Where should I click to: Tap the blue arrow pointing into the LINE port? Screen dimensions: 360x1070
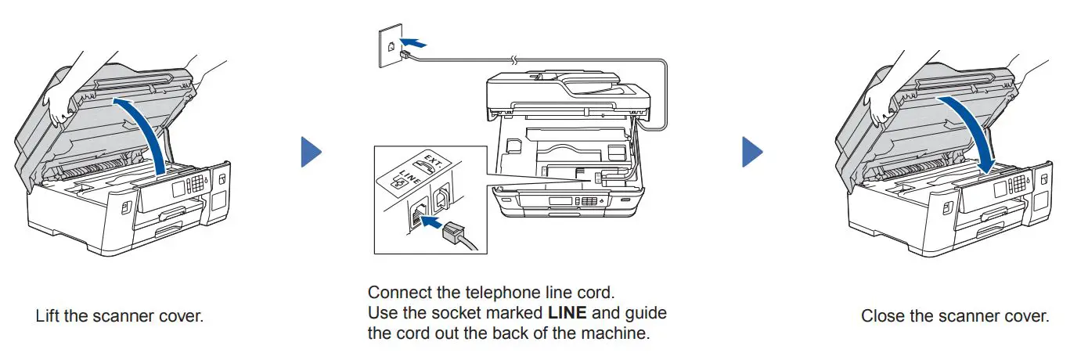(430, 222)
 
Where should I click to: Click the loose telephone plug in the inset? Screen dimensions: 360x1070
(458, 235)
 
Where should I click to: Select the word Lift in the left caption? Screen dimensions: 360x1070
(47, 316)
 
